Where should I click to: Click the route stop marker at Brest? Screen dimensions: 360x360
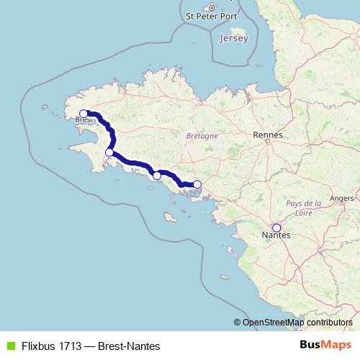[x=84, y=113]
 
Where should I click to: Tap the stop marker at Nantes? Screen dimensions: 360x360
[x=276, y=228]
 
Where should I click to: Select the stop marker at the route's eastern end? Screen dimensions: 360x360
[x=197, y=184]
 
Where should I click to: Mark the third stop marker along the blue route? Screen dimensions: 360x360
[x=157, y=175]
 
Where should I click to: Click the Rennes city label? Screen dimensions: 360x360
[x=268, y=135]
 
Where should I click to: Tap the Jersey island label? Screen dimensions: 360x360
[x=234, y=37]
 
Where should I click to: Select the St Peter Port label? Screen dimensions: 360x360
[x=212, y=15]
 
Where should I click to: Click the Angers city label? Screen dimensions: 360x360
[x=341, y=197]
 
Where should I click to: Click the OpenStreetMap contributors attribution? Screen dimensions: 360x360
[x=297, y=322]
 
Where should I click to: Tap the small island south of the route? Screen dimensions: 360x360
[x=170, y=217]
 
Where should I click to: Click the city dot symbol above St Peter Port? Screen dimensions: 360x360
[x=212, y=6]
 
